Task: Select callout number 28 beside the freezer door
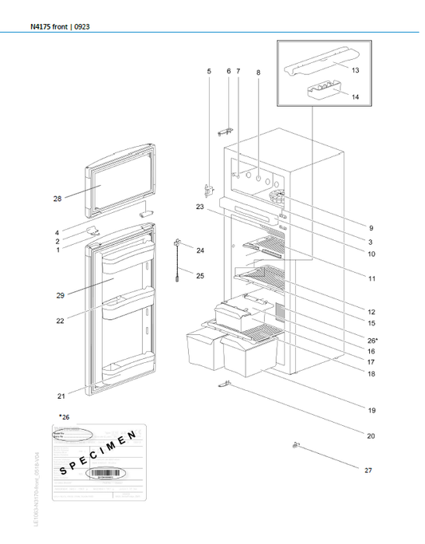[x=57, y=198]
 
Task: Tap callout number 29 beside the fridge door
[x=60, y=295]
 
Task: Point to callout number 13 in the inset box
[x=355, y=71]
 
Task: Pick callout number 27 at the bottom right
[x=368, y=471]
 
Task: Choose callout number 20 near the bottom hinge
[x=371, y=436]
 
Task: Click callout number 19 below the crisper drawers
[x=372, y=410]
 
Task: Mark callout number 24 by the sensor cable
[x=200, y=250]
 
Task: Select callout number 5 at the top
[x=210, y=72]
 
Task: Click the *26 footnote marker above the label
[x=64, y=416]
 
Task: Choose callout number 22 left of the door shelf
[x=60, y=321]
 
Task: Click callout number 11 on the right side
[x=372, y=278]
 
